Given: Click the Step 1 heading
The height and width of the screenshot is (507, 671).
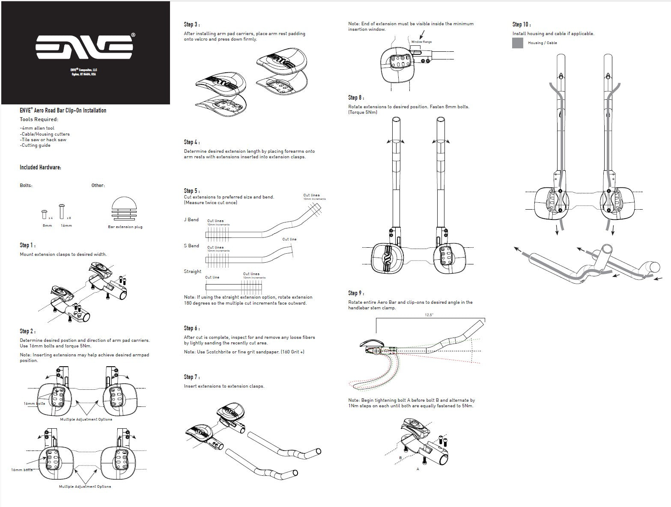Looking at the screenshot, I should [28, 245].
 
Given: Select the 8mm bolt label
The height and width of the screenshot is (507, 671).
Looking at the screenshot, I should [47, 225].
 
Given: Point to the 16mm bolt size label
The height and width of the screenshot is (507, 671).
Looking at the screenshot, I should [66, 225].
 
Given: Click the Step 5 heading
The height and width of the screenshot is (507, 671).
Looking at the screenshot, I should [192, 191].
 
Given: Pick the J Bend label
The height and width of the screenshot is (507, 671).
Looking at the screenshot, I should [191, 219].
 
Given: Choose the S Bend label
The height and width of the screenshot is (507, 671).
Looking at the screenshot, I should [191, 246].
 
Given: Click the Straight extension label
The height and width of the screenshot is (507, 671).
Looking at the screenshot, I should [192, 271].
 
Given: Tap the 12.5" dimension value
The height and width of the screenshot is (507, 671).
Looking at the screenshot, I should [429, 315].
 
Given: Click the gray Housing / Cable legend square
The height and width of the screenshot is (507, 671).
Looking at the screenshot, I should [518, 43].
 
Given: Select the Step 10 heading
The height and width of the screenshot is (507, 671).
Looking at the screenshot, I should [522, 24].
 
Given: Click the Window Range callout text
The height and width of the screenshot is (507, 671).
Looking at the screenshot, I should [421, 42].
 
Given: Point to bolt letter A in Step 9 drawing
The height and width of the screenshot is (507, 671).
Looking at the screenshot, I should [418, 469].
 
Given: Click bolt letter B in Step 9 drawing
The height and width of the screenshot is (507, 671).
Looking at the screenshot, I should [400, 458].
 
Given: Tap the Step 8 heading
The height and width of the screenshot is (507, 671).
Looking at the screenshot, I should [356, 98].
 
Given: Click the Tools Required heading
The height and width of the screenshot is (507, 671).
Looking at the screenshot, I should [39, 119].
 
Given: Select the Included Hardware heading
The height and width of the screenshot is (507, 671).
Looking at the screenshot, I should [40, 167].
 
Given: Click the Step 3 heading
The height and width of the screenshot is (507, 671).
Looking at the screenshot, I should [192, 24].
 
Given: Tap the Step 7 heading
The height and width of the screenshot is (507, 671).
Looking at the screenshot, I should [192, 377].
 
